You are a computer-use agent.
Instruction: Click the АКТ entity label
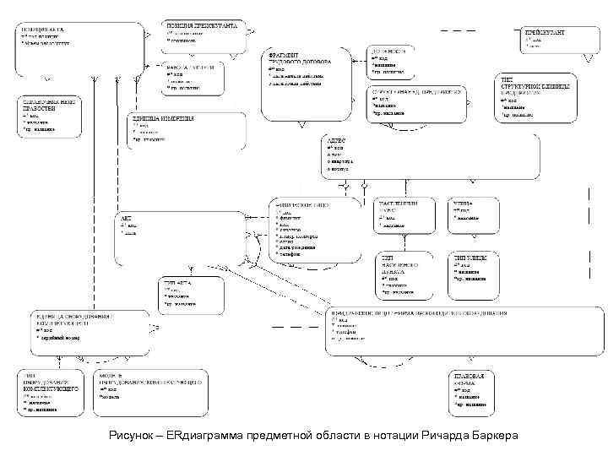[126, 218]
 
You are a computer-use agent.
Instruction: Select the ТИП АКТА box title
[180, 284]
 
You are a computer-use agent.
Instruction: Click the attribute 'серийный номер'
[60, 337]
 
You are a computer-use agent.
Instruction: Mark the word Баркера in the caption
[497, 434]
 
